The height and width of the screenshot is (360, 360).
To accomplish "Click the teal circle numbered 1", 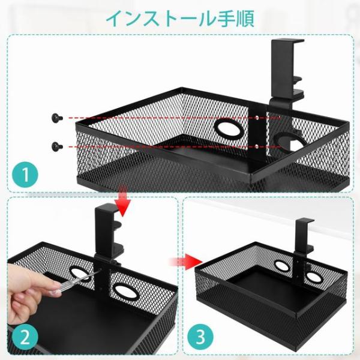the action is (25, 175).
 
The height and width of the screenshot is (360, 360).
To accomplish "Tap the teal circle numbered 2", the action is (25, 337).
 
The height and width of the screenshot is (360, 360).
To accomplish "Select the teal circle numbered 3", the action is (200, 337).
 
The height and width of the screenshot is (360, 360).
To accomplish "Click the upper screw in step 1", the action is (57, 118).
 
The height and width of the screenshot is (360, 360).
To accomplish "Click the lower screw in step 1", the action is (57, 146).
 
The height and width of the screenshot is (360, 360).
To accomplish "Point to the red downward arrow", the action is (123, 201).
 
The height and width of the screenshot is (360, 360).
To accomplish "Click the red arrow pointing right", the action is (186, 261).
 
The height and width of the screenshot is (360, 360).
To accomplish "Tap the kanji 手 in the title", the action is (227, 19).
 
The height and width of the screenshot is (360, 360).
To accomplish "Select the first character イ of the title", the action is (115, 19).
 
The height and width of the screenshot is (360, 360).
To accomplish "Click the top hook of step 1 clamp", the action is (288, 41).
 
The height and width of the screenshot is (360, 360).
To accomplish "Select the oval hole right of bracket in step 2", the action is (125, 292).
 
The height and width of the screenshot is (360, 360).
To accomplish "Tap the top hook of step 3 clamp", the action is (304, 220).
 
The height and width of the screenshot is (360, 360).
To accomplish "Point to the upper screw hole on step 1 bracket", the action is (257, 118).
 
